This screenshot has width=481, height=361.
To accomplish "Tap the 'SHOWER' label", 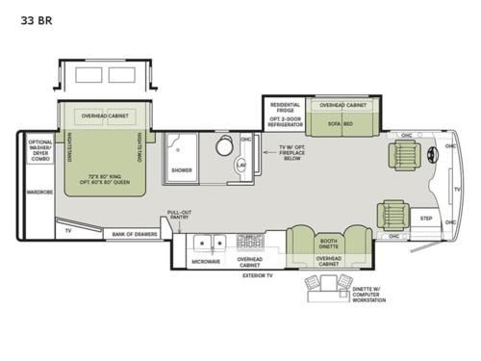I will click(x=182, y=169).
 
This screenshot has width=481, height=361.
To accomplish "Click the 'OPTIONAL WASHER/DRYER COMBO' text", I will click(x=39, y=152).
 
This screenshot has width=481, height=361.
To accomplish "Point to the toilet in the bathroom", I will click(x=225, y=147).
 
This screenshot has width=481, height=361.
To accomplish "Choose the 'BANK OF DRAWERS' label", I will click(x=133, y=233).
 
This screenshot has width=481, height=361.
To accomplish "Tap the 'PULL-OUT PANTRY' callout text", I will click(x=179, y=216).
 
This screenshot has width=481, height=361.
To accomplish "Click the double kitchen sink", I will click(x=204, y=240).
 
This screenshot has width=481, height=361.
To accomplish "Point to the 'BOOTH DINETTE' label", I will click(x=328, y=244).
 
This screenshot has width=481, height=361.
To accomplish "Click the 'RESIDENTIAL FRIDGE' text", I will click(x=286, y=108).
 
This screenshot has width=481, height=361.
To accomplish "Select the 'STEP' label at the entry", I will click(x=426, y=219).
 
